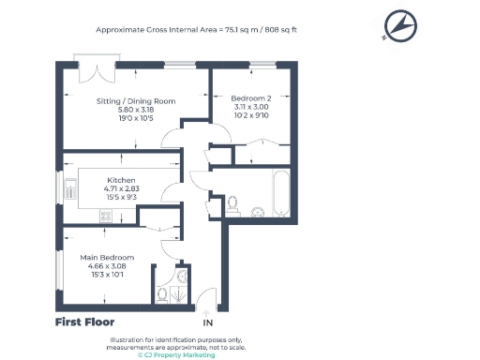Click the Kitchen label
[x=122, y=179]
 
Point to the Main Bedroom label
[x=109, y=257]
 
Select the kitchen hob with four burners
[x=105, y=217]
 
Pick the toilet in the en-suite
[x=163, y=294]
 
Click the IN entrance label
[x=207, y=323]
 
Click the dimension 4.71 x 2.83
[x=122, y=187]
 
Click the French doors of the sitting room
[x=97, y=69]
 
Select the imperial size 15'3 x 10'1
[x=109, y=273]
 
